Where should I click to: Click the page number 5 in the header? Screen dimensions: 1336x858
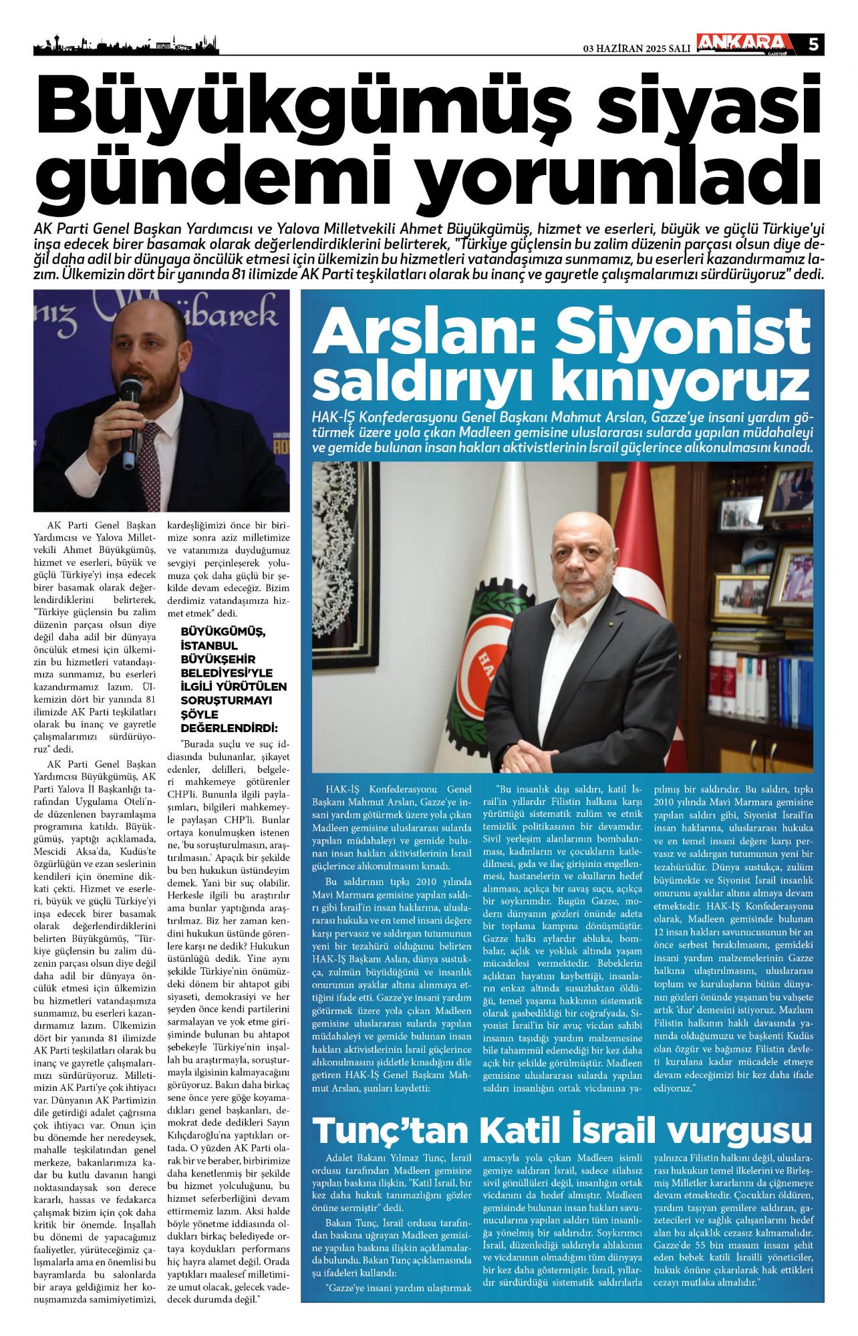pos(813,44)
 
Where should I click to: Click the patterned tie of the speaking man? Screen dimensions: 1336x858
pos(149,461)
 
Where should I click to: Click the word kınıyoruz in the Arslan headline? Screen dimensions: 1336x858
pos(680,383)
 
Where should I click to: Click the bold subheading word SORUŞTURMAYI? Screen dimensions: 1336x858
pos(226,700)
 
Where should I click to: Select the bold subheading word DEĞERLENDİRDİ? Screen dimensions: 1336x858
pos(229,727)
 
